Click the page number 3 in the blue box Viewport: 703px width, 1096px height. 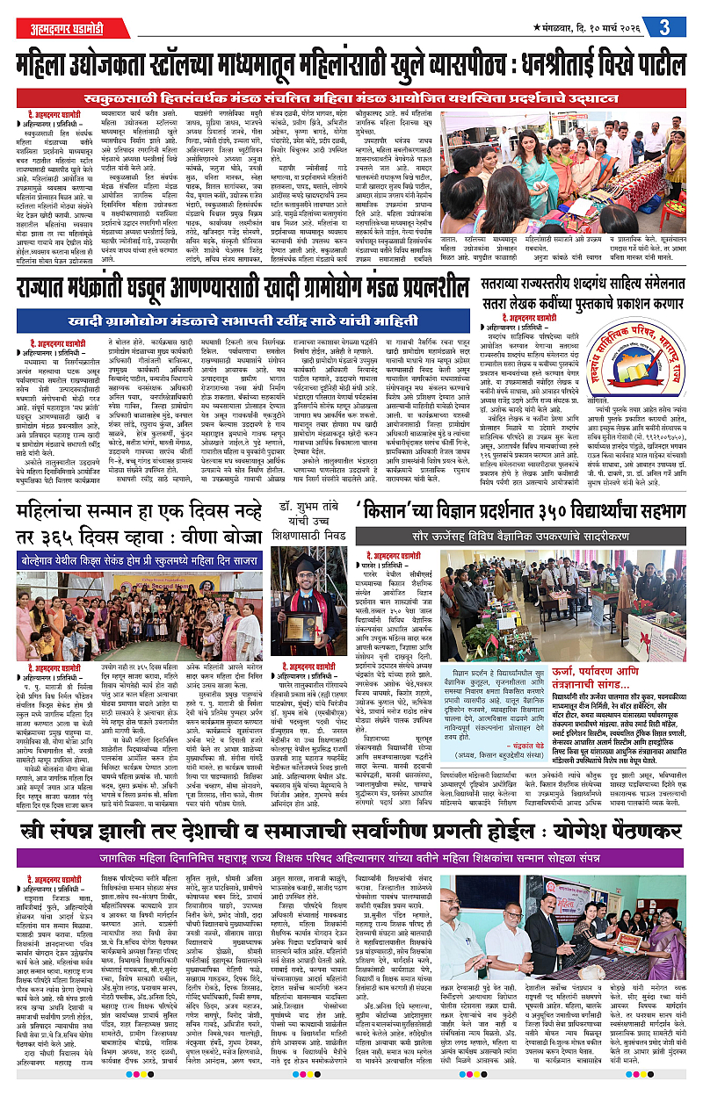tap(666, 26)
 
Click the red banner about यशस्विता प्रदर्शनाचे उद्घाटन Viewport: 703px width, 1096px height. tap(351, 97)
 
